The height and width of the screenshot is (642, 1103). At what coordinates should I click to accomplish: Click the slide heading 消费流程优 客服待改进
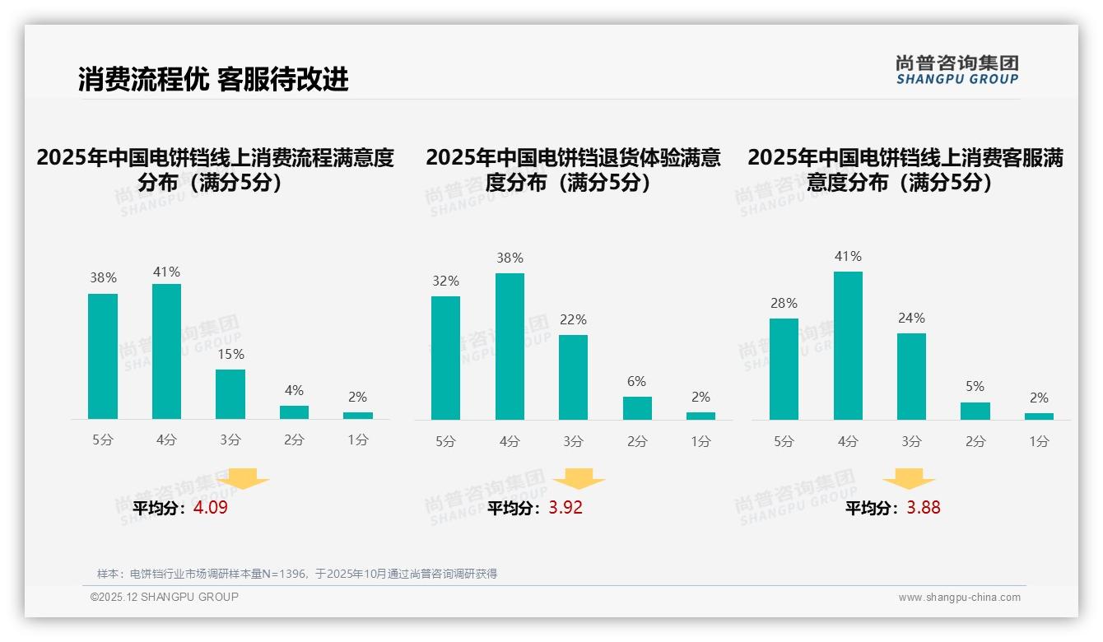[x=213, y=79]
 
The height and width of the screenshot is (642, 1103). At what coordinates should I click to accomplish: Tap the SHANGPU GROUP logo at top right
[x=956, y=70]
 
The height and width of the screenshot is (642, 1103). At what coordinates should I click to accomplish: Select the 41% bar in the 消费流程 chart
[x=166, y=351]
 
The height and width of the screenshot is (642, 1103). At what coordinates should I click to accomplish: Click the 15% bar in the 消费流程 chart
[x=230, y=394]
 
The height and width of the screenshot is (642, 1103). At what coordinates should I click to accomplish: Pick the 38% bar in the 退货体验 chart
[x=510, y=347]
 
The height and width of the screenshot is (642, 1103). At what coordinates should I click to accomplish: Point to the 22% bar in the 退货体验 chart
[x=573, y=377]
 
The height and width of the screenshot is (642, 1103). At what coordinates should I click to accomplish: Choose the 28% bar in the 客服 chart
[x=784, y=369]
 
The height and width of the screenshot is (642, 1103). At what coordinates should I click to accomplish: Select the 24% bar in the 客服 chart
[x=911, y=376]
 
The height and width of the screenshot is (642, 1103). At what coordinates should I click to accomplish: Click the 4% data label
[x=294, y=390]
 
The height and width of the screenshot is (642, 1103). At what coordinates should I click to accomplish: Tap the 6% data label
[x=636, y=381]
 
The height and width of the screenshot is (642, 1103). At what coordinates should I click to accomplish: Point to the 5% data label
[x=975, y=386]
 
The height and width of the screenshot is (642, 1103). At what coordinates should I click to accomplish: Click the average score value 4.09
[x=211, y=508]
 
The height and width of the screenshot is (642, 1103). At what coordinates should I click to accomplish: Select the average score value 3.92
[x=565, y=508]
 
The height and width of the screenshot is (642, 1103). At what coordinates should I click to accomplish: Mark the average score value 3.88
[x=924, y=508]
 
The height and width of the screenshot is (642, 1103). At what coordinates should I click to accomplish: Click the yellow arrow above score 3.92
[x=579, y=479]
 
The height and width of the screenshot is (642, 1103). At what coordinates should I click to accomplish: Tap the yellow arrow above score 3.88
[x=909, y=479]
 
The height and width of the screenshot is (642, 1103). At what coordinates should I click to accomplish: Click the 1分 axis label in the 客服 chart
[x=1039, y=441]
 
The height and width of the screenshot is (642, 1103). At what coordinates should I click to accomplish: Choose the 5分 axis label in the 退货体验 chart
[x=445, y=441]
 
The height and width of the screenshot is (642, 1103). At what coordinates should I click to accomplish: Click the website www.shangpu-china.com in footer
[x=959, y=598]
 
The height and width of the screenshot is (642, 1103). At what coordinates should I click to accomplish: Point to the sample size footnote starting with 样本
[x=297, y=574]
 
